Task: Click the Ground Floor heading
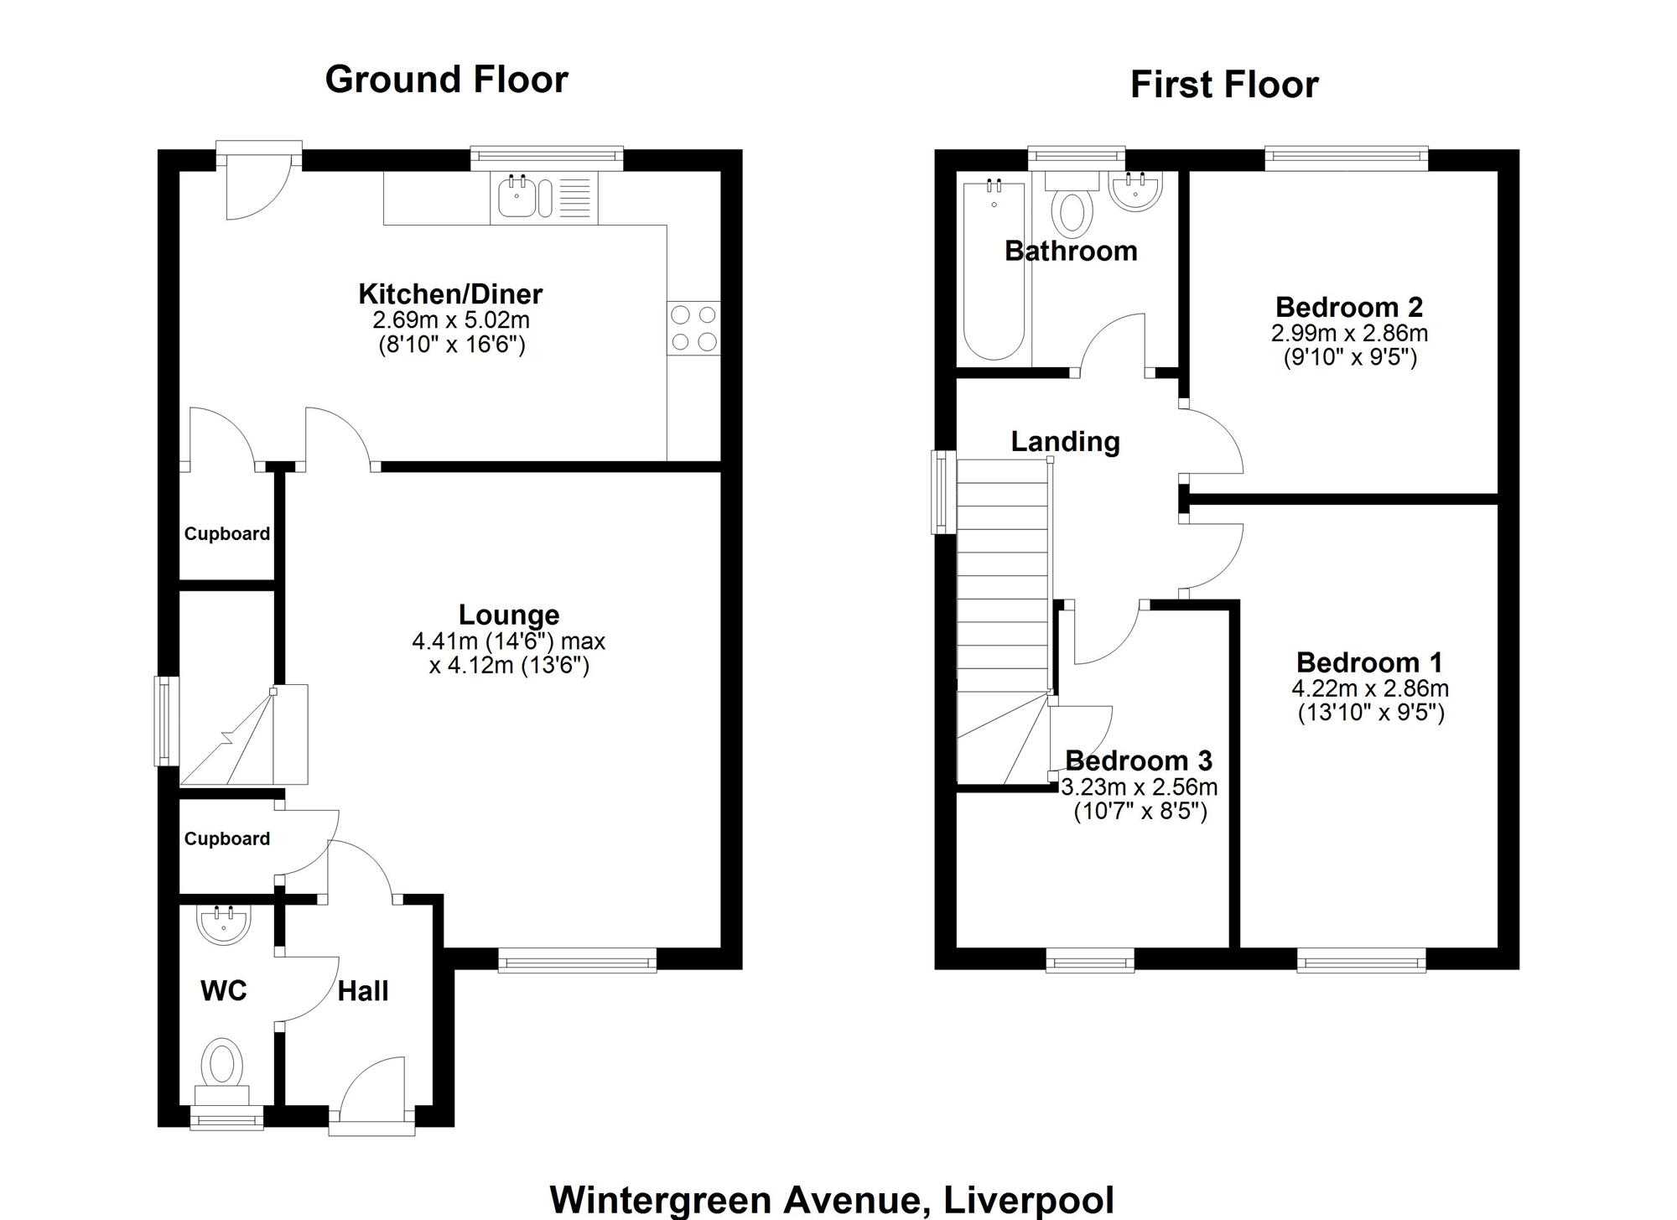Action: [x=446, y=80]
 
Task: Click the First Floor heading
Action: [x=1224, y=85]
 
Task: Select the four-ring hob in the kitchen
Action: [x=693, y=328]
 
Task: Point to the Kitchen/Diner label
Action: [x=450, y=293]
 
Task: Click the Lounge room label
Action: [x=509, y=615]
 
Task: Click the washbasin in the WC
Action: [x=223, y=925]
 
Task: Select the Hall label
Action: [x=363, y=991]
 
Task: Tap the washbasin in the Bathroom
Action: [x=1135, y=189]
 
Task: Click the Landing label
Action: [x=1065, y=442]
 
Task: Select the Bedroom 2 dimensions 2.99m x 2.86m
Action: [x=1349, y=333]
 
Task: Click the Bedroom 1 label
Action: [x=1369, y=662]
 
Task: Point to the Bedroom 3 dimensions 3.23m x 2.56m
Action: [x=1140, y=787]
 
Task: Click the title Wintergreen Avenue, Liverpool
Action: [x=832, y=1200]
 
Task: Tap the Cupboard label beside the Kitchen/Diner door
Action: [x=227, y=534]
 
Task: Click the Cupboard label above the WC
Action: [x=227, y=839]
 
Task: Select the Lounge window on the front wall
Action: [x=578, y=960]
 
